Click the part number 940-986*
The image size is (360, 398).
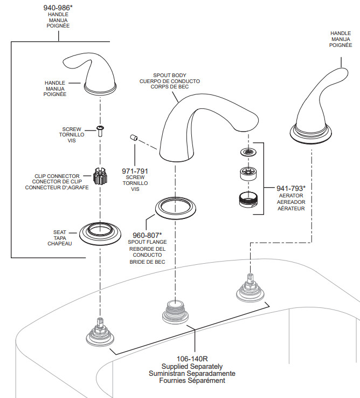[58, 8]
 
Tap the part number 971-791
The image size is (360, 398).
[135, 171]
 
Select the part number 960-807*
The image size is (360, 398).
[147, 235]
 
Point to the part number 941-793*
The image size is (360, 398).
[291, 188]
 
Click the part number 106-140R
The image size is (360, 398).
[192, 359]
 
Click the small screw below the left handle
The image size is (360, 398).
[100, 131]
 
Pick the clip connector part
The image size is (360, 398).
[100, 176]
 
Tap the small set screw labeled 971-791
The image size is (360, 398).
[134, 138]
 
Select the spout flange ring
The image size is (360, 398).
[176, 208]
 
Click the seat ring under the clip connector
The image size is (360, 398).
[100, 234]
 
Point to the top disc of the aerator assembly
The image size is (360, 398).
[248, 152]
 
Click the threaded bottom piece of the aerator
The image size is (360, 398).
[248, 201]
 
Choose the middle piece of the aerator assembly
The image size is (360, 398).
[248, 174]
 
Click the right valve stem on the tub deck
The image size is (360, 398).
[250, 288]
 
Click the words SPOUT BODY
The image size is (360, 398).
[169, 76]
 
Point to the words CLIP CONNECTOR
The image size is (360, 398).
[57, 176]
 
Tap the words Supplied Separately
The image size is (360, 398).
[192, 367]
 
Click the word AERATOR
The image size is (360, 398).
[291, 195]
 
